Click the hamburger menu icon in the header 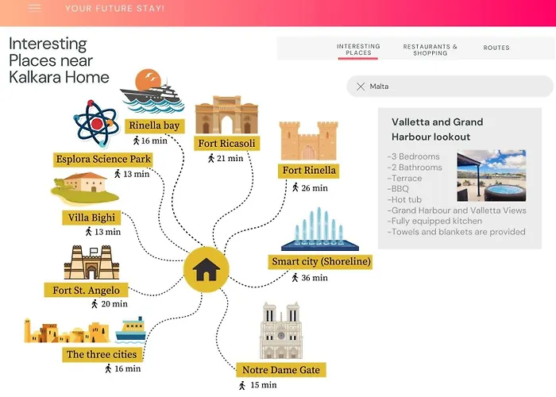coord(35,8)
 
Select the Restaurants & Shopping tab coord(431,50)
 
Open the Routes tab coord(496,48)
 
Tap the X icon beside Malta coord(361,87)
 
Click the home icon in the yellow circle coord(206,269)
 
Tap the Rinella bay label coord(154,125)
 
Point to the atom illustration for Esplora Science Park coord(96,124)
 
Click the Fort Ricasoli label coord(226,144)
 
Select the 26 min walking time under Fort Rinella coord(310,188)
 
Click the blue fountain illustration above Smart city coord(320,229)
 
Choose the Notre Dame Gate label coord(281,370)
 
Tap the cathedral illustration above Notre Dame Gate coord(281,330)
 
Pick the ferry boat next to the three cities coord(131,330)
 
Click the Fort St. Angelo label coord(86,290)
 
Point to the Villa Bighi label coord(91,218)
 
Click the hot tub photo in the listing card coord(492,175)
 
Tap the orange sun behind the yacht coord(148,79)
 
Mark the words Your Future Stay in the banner coord(114,9)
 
